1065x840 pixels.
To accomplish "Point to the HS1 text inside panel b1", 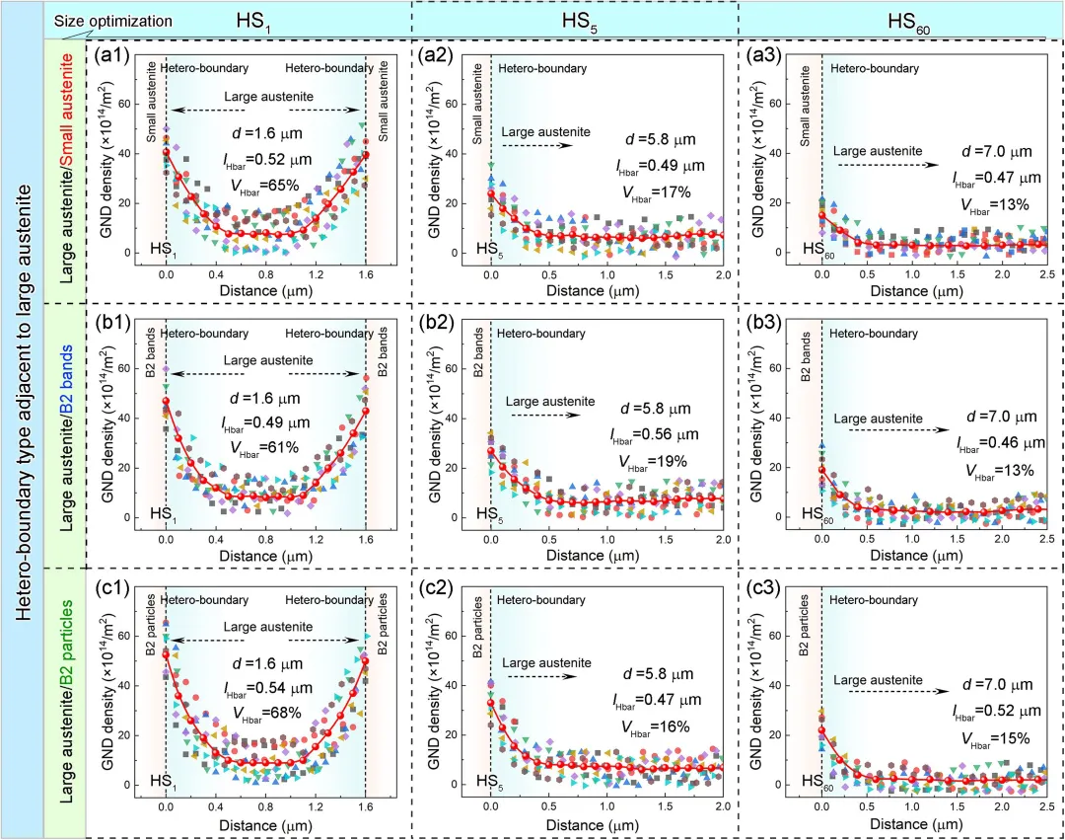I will [162, 513].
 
